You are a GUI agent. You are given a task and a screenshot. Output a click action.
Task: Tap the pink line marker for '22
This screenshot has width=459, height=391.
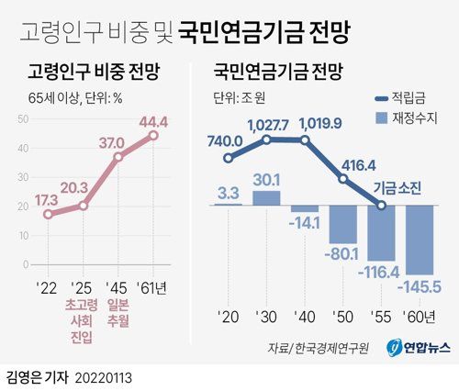[49, 214]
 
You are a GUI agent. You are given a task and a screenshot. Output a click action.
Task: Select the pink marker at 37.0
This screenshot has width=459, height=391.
[118, 157]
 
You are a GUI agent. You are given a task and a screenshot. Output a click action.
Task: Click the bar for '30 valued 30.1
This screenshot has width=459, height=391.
[267, 197]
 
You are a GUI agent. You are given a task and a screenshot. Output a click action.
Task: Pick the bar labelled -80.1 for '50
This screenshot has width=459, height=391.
[344, 224]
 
